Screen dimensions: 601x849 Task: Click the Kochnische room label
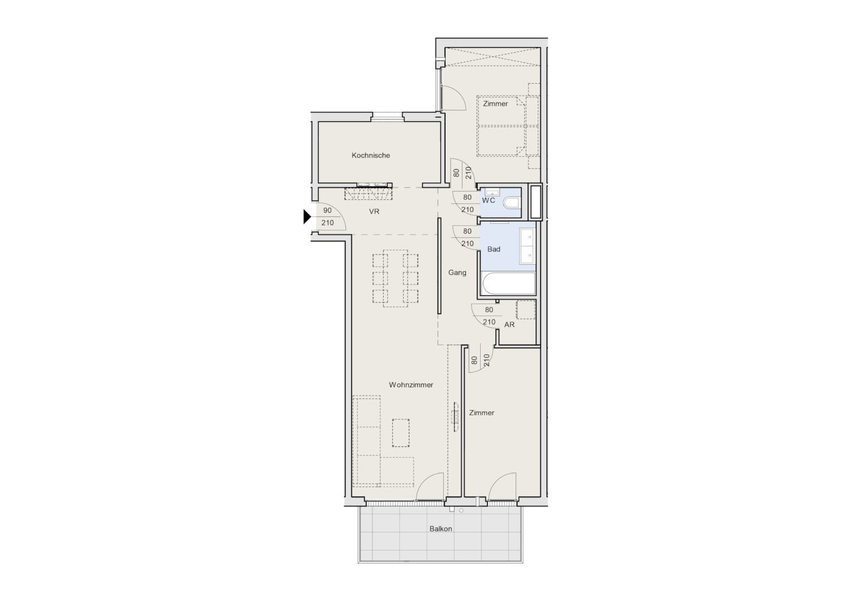tap(371, 155)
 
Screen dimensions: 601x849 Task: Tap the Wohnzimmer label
tap(411, 385)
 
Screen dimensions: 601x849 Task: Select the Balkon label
tap(440, 528)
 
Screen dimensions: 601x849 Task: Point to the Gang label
tap(457, 272)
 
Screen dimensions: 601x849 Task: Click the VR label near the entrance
tap(374, 211)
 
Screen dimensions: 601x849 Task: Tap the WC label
tap(488, 201)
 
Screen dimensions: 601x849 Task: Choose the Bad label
tap(494, 249)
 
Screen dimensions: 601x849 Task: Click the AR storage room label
tap(509, 325)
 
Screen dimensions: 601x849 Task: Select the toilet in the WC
tap(513, 203)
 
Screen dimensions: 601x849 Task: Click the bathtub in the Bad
tap(508, 283)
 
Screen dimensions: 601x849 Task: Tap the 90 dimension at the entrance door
tap(327, 210)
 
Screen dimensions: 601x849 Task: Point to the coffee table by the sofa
tap(401, 433)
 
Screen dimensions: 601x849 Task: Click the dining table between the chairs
tap(395, 278)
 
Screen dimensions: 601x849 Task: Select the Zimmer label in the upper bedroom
tap(495, 104)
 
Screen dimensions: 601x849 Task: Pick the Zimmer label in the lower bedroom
tap(482, 413)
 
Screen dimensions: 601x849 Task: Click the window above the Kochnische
tap(388, 117)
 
